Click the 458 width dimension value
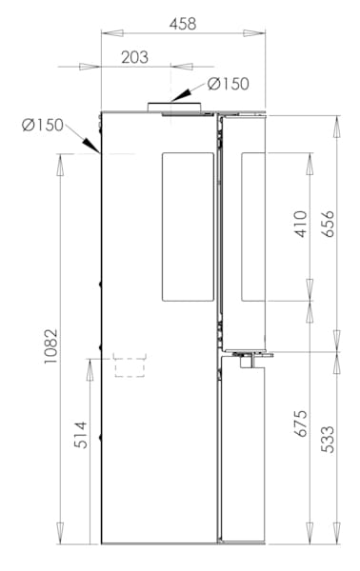[x=183, y=24]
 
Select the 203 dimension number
[x=135, y=57]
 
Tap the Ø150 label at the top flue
[x=229, y=84]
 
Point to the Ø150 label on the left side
[x=43, y=125]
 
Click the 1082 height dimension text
[x=51, y=346]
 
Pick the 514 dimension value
[x=81, y=435]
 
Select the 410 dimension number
[x=301, y=224]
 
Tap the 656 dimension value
[x=328, y=224]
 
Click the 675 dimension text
[x=301, y=423]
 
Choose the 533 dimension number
[x=328, y=440]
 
